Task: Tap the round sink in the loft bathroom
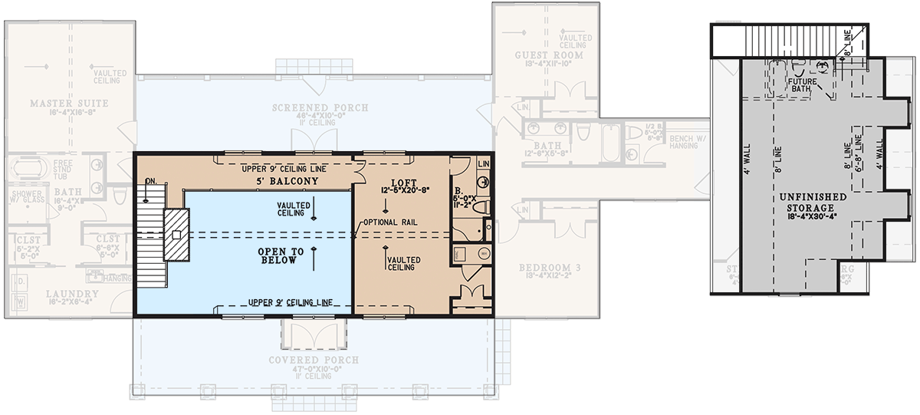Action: coord(484,252)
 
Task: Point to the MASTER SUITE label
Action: coord(69,103)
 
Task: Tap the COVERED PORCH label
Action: coord(315,360)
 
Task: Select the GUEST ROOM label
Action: coord(548,55)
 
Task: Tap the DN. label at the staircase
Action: coord(151,181)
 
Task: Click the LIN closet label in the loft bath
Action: coord(484,164)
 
